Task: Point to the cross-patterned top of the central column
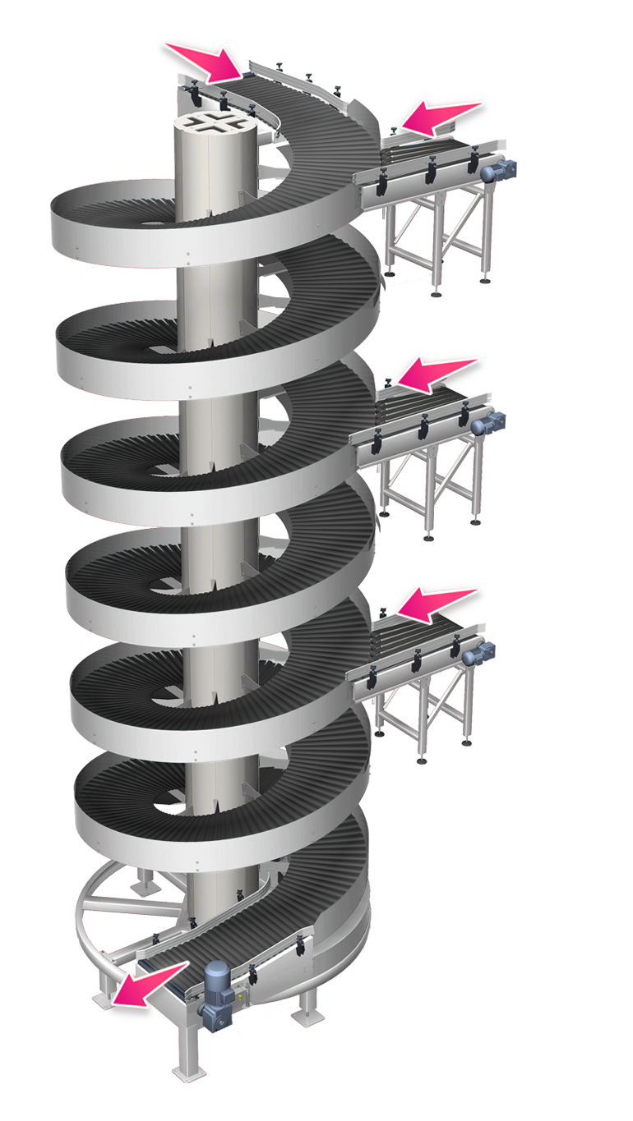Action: tap(217, 128)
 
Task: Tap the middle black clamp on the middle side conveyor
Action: tap(423, 427)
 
